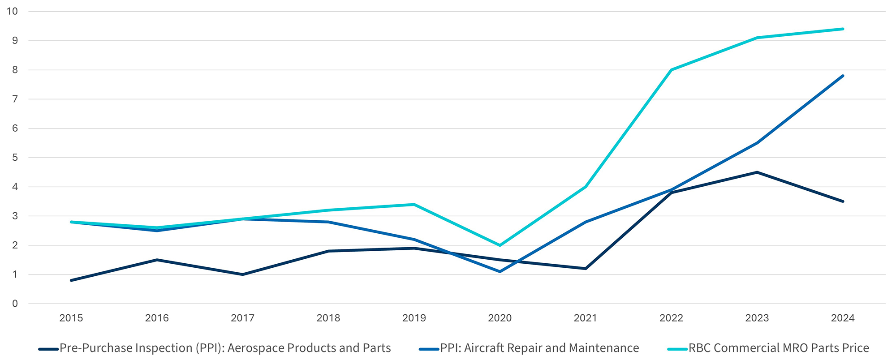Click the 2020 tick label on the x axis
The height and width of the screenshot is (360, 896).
click(500, 318)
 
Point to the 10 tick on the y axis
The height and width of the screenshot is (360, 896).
click(13, 11)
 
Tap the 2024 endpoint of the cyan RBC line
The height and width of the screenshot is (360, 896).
click(843, 29)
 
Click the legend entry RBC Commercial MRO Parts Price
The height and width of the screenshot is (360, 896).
click(778, 348)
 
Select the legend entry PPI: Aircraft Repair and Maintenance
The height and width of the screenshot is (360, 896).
click(539, 348)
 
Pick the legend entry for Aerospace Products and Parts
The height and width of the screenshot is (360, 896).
click(225, 348)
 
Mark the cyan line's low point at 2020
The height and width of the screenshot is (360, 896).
click(500, 245)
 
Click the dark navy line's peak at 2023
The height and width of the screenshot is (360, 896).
click(757, 172)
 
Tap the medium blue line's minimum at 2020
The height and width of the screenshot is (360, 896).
click(500, 271)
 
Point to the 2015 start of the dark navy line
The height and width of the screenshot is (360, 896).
click(71, 280)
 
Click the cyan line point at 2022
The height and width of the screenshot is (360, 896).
click(671, 70)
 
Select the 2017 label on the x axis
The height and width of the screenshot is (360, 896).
click(242, 318)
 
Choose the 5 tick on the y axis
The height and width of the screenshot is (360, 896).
click(15, 158)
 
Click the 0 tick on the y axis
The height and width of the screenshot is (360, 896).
click(15, 304)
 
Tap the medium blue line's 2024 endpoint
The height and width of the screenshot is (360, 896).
click(843, 76)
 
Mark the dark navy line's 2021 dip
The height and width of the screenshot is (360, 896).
click(586, 269)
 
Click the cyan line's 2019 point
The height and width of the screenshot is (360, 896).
click(414, 205)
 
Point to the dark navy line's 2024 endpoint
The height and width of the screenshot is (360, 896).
click(843, 201)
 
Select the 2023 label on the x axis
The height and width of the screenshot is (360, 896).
click(757, 318)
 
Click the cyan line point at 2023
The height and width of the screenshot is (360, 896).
click(757, 38)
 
